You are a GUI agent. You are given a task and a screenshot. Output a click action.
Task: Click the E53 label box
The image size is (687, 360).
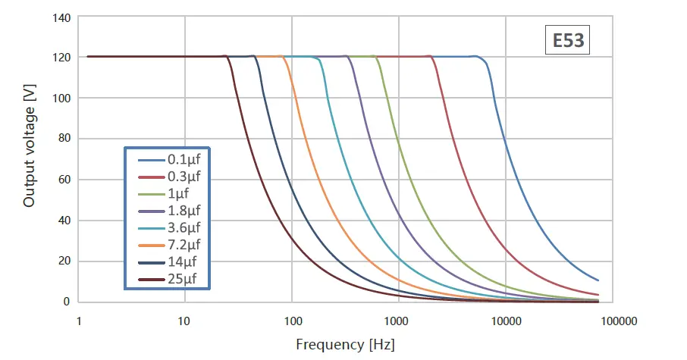(x=566, y=40)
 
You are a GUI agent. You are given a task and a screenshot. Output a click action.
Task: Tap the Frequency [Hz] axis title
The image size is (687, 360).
(x=345, y=345)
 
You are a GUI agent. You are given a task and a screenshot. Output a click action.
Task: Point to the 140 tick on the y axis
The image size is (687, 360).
(x=60, y=17)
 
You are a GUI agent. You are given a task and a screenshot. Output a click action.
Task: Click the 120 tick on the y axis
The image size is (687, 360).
(x=60, y=58)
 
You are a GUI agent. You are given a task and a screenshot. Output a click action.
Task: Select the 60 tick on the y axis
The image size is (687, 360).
(x=63, y=180)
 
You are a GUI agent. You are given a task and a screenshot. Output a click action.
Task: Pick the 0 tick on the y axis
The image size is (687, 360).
(x=67, y=302)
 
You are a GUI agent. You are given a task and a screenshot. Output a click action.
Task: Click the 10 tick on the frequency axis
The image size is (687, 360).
(x=184, y=321)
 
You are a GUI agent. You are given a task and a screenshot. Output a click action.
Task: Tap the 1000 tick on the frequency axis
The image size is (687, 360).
(x=397, y=321)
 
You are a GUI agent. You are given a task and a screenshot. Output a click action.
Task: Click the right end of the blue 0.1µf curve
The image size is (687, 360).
(x=598, y=280)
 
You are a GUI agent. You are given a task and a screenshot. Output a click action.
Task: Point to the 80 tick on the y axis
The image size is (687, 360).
(x=63, y=139)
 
